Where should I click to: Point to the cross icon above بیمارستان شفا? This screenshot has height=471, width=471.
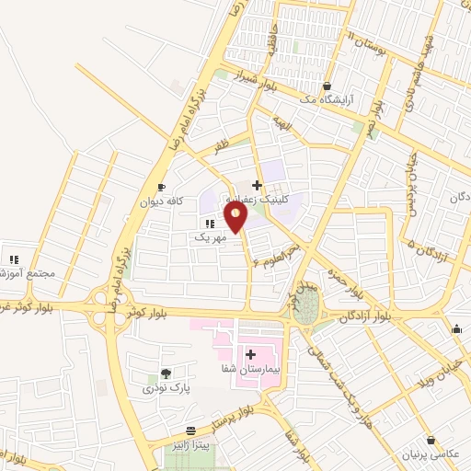(250, 353)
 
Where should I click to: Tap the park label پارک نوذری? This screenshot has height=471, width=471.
(166, 388)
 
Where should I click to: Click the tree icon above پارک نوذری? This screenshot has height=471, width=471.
(166, 373)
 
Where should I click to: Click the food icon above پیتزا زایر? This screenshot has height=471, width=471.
(190, 431)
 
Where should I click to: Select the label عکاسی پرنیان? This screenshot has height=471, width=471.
(428, 455)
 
